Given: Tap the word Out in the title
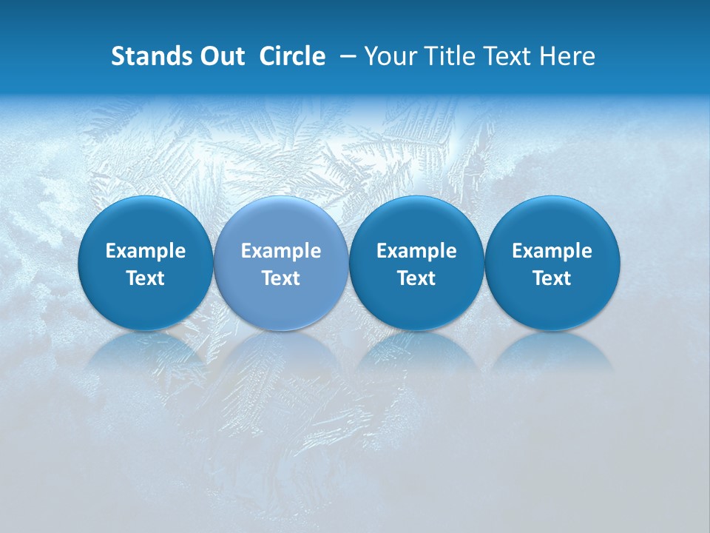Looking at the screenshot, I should pos(223,56).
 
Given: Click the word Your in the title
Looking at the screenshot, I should pos(389,56).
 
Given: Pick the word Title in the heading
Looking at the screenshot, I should pos(444,56).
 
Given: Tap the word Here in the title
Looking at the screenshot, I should pos(567,56).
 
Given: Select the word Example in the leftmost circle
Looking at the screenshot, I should pos(145,251).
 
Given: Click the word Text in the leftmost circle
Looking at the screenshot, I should pos(145,278).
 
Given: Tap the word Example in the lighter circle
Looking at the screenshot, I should pos(281,251).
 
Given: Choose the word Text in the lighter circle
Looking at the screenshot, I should pos(281,278).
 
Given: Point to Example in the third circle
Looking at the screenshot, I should pos(416,251).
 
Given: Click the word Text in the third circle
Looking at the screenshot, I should pos(416,278).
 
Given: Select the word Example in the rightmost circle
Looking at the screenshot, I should pos(552,251).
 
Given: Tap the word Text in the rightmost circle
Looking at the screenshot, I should pos(552,278).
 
